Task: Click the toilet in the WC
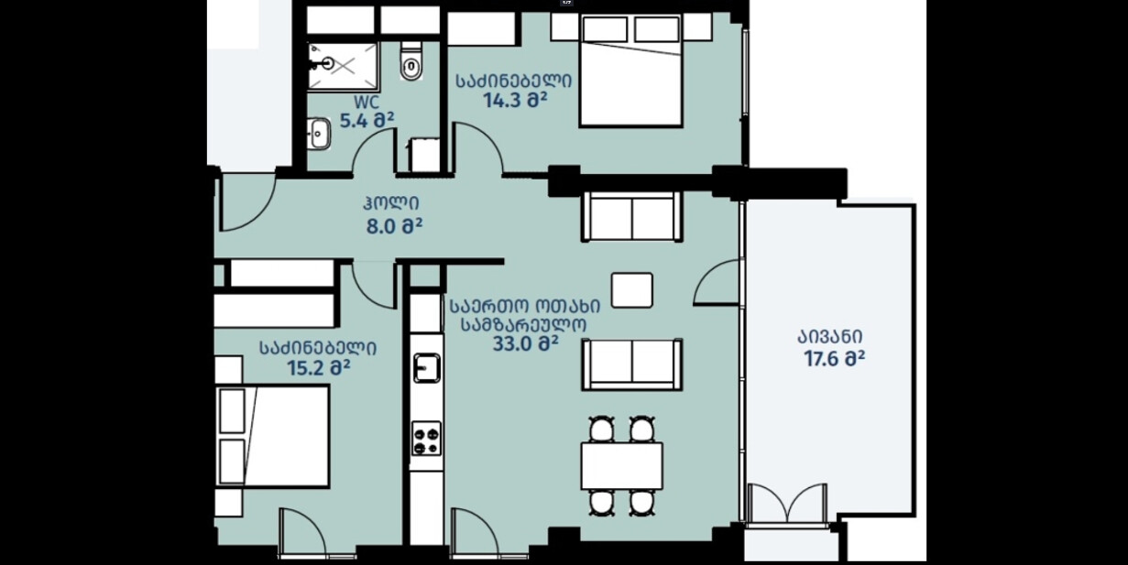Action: tap(411, 62)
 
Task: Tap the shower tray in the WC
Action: tap(343, 66)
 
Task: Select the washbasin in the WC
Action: tap(318, 134)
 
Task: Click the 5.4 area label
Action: tap(367, 121)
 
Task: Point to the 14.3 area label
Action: tap(515, 100)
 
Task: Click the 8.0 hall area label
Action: tap(394, 226)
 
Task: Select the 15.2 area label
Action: tap(319, 368)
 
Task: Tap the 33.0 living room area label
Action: tap(526, 344)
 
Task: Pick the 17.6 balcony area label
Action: tap(835, 359)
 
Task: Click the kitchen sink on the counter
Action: tap(426, 368)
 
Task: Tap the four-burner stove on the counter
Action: tap(426, 439)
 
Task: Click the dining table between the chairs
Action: tap(622, 466)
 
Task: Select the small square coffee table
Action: tap(632, 290)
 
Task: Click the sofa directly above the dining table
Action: tap(632, 364)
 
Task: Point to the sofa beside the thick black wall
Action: tap(632, 216)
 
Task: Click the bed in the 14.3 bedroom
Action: tap(631, 71)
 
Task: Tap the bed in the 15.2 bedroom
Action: tap(273, 437)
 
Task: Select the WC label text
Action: tap(367, 103)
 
